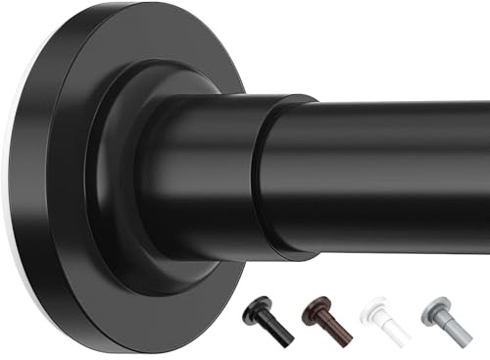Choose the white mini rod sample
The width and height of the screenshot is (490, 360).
coord(388,320)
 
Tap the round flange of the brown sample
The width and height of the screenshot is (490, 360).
coord(317,308)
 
